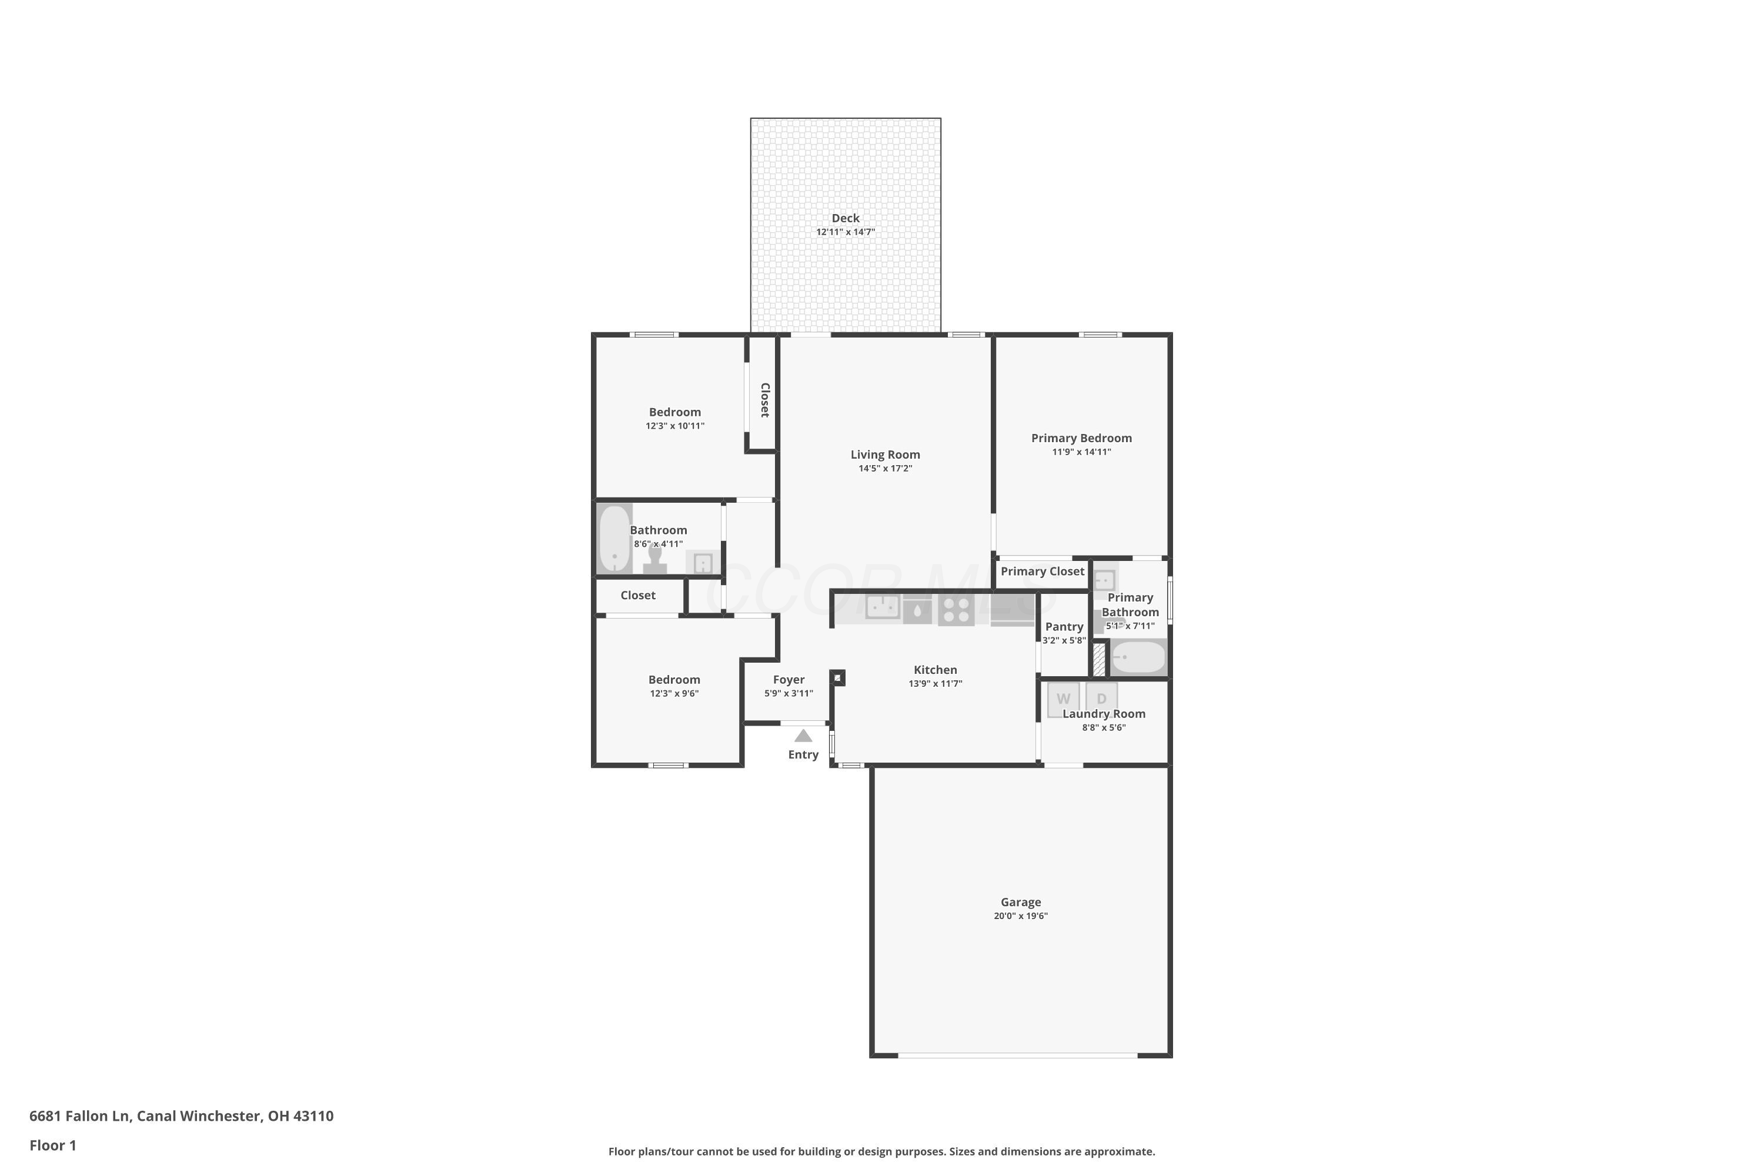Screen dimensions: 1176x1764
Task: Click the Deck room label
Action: click(x=846, y=218)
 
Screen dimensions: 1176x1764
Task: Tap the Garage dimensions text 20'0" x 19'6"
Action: click(x=1020, y=916)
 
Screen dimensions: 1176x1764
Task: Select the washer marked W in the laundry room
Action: click(x=1063, y=699)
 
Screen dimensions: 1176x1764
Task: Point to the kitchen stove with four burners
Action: click(x=955, y=610)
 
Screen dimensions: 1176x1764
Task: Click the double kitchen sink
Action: click(x=882, y=607)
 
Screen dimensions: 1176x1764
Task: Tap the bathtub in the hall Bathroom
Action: click(x=614, y=539)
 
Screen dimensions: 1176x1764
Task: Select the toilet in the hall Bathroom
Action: click(x=655, y=561)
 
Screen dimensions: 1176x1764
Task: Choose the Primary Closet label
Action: click(x=1042, y=572)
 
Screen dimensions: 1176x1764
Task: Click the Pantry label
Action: click(x=1064, y=626)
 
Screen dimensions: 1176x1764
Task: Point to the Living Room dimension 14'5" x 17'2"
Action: click(x=885, y=469)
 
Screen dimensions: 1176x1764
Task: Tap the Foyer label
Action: click(x=789, y=680)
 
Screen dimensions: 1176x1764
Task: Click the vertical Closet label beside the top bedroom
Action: click(x=764, y=400)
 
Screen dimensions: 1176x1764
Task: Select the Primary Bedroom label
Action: click(x=1081, y=438)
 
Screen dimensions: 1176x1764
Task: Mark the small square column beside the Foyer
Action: click(x=838, y=678)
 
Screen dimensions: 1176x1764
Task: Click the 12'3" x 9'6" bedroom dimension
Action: click(x=674, y=694)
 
